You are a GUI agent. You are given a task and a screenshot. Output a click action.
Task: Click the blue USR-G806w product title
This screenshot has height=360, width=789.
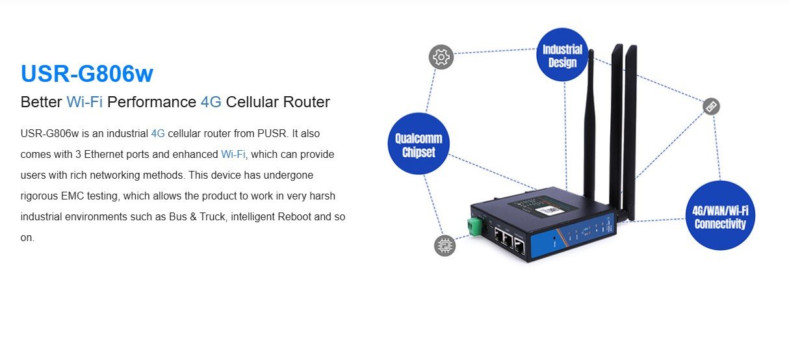coord(86,73)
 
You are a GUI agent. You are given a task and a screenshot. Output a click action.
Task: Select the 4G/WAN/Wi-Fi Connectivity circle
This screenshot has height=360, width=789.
coord(720,216)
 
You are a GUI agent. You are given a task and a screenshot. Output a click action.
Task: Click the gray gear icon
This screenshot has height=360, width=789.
coord(441,57)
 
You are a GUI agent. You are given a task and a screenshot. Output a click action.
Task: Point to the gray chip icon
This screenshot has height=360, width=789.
coord(445,245)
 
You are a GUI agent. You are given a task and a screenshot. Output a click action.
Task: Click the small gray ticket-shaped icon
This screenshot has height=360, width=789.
coord(711,107)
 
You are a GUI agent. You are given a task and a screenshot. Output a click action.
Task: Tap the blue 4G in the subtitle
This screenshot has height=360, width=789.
coord(211,102)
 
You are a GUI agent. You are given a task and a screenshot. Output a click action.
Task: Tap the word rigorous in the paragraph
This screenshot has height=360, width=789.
coord(39,196)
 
